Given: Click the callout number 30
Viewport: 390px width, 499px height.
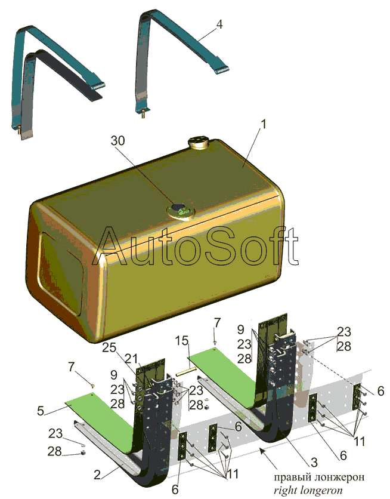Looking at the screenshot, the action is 117,140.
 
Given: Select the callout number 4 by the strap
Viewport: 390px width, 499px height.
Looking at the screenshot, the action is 219,24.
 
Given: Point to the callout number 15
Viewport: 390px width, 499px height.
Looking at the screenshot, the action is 182,341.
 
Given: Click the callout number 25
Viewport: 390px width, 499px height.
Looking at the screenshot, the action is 109,347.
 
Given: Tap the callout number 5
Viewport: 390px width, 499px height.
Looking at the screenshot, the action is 41,411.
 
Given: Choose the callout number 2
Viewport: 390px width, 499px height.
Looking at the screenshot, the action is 97,475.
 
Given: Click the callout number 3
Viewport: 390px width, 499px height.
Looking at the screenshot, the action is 314,462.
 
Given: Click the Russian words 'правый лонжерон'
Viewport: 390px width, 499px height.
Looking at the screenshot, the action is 319,477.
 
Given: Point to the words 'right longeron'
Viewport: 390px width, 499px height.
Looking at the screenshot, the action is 308,491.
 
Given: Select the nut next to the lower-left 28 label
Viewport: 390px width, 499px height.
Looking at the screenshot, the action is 83,453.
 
